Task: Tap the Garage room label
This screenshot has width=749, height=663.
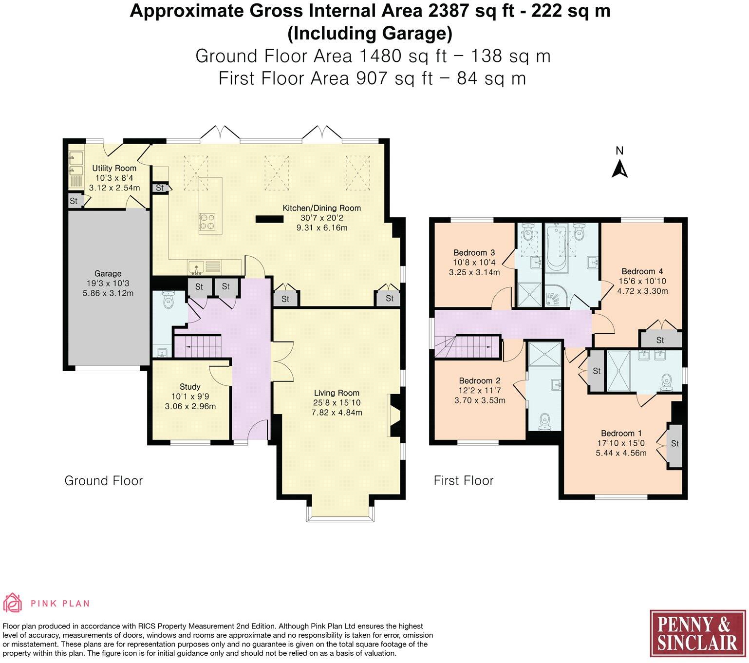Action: (x=108, y=274)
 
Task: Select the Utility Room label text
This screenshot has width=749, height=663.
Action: (x=114, y=168)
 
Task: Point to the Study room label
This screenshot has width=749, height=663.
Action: (x=190, y=387)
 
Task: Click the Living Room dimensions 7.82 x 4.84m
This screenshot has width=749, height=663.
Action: (x=337, y=413)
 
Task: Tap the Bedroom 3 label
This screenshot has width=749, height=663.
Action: (x=474, y=252)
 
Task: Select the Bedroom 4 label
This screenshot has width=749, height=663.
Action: (x=642, y=271)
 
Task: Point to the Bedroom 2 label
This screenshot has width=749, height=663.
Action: (x=480, y=380)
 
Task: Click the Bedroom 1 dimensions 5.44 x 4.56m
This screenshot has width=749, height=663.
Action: (x=621, y=453)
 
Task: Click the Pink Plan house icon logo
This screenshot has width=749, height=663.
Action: (x=13, y=603)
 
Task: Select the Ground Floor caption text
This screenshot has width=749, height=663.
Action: (x=103, y=481)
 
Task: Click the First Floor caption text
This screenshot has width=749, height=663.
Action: (x=464, y=481)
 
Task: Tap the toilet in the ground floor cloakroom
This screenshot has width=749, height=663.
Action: (x=168, y=300)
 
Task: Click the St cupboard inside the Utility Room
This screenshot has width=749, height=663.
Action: (x=74, y=201)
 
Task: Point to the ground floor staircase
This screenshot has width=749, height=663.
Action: (x=198, y=346)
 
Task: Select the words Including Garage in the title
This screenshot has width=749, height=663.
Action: (x=370, y=34)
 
